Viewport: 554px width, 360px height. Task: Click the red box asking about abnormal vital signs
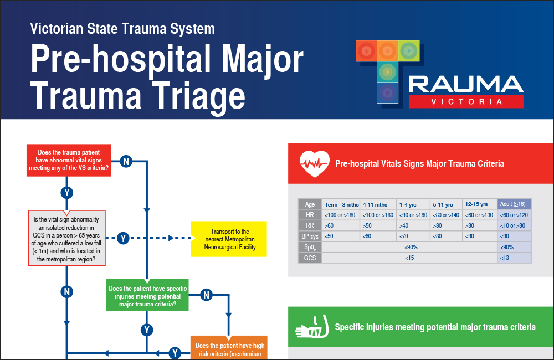(69, 160)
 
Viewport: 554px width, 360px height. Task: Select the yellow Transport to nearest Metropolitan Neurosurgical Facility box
(229, 239)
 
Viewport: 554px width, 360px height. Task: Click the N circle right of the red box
(126, 161)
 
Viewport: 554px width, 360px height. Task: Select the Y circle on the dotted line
(123, 238)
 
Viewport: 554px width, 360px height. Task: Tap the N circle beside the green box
(206, 295)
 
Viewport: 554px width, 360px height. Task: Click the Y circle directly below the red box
(66, 193)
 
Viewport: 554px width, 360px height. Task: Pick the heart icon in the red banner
(314, 163)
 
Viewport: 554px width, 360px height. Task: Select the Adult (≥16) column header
(515, 204)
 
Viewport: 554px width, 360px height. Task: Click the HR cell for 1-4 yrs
(413, 215)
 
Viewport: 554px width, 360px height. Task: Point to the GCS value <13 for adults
(505, 258)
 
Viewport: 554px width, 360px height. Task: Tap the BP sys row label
(310, 236)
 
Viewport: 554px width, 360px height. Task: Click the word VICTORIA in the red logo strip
(466, 101)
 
